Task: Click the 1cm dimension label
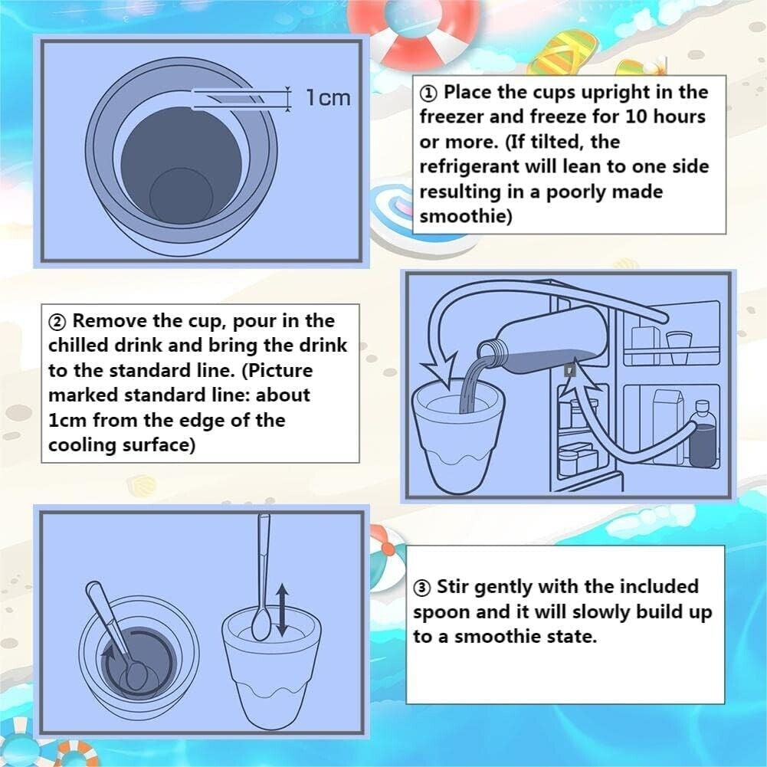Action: (328, 97)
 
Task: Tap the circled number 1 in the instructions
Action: (428, 93)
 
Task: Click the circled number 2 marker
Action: (57, 322)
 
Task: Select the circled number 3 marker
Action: (421, 588)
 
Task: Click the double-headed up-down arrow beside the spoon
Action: (282, 610)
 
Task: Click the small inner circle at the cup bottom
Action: (181, 195)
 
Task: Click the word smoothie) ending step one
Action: (466, 216)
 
